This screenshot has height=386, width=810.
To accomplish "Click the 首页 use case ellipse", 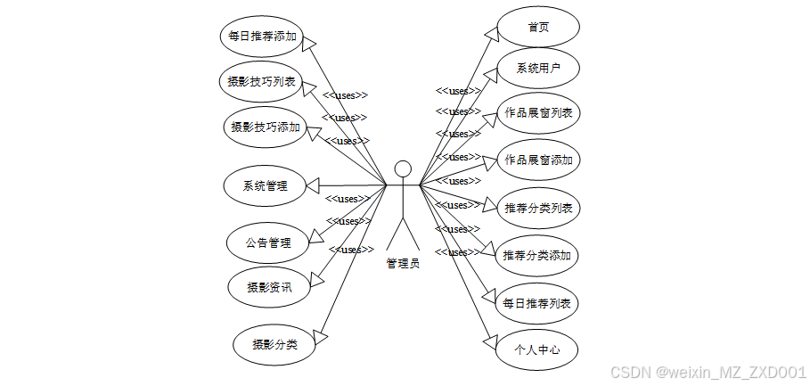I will (x=537, y=27).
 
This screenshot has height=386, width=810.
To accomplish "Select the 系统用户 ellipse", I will (x=537, y=68).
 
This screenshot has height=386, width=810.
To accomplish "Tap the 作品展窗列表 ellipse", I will (x=537, y=113).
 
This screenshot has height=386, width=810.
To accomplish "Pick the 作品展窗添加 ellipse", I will (x=537, y=160).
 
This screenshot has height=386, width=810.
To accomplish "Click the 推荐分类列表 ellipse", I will (x=537, y=209).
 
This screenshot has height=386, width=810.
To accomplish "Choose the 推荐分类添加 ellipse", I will (x=537, y=256).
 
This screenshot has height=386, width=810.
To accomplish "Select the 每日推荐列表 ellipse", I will (x=537, y=303).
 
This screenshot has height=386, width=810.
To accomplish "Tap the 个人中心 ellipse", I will (x=537, y=349).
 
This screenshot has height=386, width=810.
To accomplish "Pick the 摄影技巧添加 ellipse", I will (x=266, y=127).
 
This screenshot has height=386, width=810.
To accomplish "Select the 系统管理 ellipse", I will (x=266, y=186).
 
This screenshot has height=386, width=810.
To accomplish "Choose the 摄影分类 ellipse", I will (x=274, y=345).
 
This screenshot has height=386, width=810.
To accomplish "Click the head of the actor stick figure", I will (x=403, y=168).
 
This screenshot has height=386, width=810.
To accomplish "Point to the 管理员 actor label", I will (x=403, y=263).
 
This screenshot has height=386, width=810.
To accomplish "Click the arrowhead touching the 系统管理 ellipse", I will (x=313, y=185).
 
